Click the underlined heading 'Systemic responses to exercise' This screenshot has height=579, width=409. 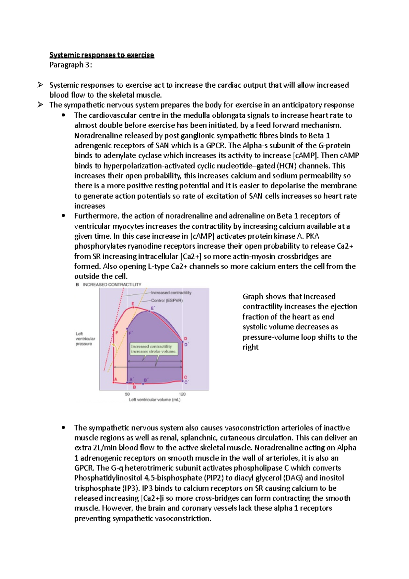pyautogui.click(x=102, y=55)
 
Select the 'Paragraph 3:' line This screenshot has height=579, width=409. pyautogui.click(x=71, y=65)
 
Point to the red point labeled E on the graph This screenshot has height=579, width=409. pyautogui.click(x=133, y=307)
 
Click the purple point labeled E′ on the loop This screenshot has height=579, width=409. pyautogui.click(x=149, y=311)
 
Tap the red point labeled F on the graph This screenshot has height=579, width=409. pyautogui.click(x=113, y=330)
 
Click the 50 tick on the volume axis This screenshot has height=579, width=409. pyautogui.click(x=127, y=394)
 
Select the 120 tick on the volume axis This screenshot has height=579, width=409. pyautogui.click(x=182, y=394)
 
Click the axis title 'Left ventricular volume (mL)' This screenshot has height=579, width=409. pyautogui.click(x=154, y=400)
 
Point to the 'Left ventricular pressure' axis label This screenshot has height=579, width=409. pyautogui.click(x=85, y=339)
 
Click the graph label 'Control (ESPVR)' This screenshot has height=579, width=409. pyautogui.click(x=167, y=300)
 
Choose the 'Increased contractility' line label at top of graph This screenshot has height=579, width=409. pyautogui.click(x=171, y=293)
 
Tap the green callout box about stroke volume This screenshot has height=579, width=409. pyautogui.click(x=154, y=348)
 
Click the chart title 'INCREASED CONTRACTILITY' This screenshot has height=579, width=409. pyautogui.click(x=112, y=284)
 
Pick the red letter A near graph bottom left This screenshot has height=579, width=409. pyautogui.click(x=116, y=379)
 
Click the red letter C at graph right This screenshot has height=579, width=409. pyautogui.click(x=186, y=377)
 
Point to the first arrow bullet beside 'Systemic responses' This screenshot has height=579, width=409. pyautogui.click(x=40, y=85)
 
